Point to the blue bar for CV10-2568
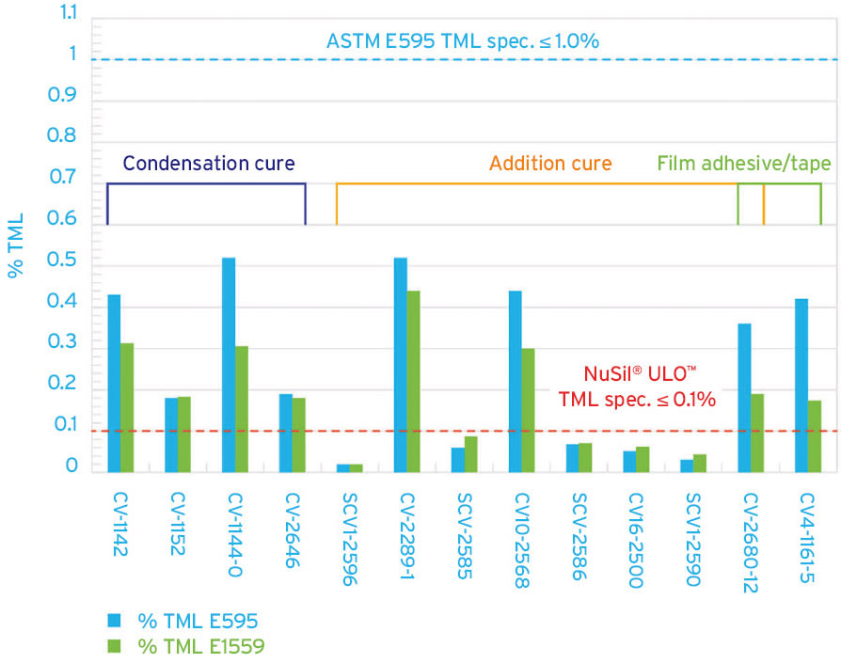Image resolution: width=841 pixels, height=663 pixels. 516,381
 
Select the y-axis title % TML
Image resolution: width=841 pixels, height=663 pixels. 16,246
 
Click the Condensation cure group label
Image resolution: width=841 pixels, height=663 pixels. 209,164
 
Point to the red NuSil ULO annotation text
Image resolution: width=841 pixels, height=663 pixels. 639,385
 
